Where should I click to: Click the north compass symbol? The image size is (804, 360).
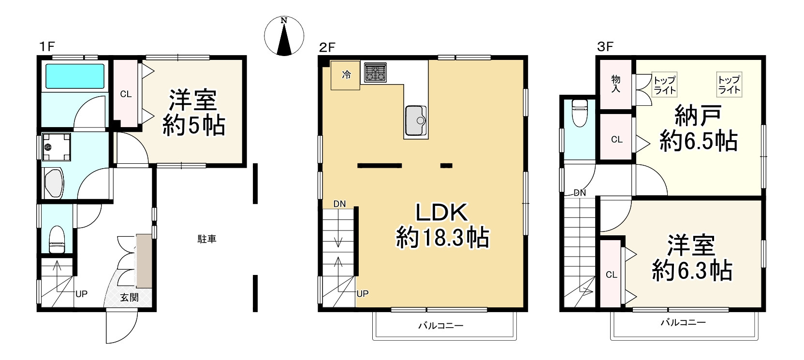tap(284, 36)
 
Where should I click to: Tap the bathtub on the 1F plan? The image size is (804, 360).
tap(75, 76)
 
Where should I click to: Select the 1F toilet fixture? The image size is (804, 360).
tap(57, 239)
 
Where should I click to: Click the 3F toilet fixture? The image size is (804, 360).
tap(580, 113)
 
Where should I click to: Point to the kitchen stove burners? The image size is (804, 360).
tap(376, 72)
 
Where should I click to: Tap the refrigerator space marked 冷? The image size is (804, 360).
tap(345, 75)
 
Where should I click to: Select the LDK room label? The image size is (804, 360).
tap(442, 213)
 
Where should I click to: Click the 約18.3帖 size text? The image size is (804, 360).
tap(442, 237)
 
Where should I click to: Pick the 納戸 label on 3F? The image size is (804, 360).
tap(698, 115)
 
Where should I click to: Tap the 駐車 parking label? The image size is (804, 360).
tap(207, 239)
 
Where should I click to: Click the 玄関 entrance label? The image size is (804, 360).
tap(129, 298)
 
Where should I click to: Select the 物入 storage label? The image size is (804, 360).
tap(616, 84)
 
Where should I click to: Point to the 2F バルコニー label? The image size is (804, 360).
tap(441, 326)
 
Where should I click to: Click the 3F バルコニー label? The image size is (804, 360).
tap(684, 322)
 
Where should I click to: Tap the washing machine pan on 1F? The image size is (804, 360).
tap(57, 147)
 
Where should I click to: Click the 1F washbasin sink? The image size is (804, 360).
tap(54, 182)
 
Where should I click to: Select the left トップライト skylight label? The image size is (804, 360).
tap(665, 85)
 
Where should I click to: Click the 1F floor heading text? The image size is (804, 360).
tap(47, 47)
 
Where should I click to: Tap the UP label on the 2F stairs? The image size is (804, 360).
tap(363, 294)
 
